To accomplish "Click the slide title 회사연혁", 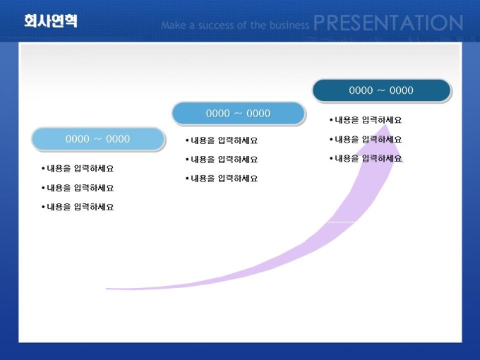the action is click(51, 20).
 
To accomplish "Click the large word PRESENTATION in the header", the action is click(388, 23).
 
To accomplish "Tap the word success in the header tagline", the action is click(216, 25).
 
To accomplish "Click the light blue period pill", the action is click(98, 139).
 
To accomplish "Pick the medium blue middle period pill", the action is click(239, 114).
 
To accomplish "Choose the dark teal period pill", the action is click(381, 90).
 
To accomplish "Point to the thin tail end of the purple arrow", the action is click(107, 289).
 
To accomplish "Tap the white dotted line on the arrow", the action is click(342, 222).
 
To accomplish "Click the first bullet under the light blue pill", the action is click(78, 169).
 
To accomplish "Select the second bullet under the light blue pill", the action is click(78, 188).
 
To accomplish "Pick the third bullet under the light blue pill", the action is click(78, 207).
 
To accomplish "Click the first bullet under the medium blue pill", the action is click(222, 140).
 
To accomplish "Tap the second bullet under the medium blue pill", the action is click(222, 160).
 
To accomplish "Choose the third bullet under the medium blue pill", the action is click(222, 179).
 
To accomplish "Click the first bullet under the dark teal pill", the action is click(366, 120).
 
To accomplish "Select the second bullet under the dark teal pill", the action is click(366, 140).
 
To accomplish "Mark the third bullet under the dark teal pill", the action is click(366, 159).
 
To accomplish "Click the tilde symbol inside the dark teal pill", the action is click(381, 90).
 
